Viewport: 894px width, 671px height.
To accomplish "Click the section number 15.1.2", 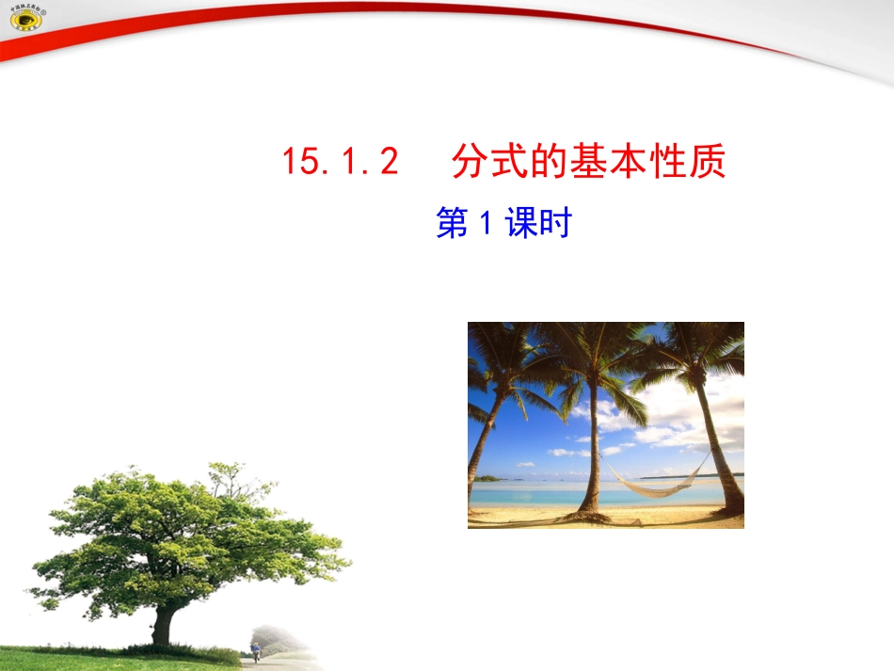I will pyautogui.click(x=341, y=162).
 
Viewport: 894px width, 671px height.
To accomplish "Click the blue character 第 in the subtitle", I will pyautogui.click(x=452, y=224).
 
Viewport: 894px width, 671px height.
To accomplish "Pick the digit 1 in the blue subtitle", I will pyautogui.click(x=487, y=224).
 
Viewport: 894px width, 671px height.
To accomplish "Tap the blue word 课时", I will pyautogui.click(x=538, y=224).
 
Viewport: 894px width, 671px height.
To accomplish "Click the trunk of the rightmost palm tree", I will pyautogui.click(x=720, y=452).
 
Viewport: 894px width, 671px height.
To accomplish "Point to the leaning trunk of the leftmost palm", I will pyautogui.click(x=482, y=442).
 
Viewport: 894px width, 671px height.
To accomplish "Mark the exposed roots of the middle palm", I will pyautogui.click(x=591, y=513).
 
